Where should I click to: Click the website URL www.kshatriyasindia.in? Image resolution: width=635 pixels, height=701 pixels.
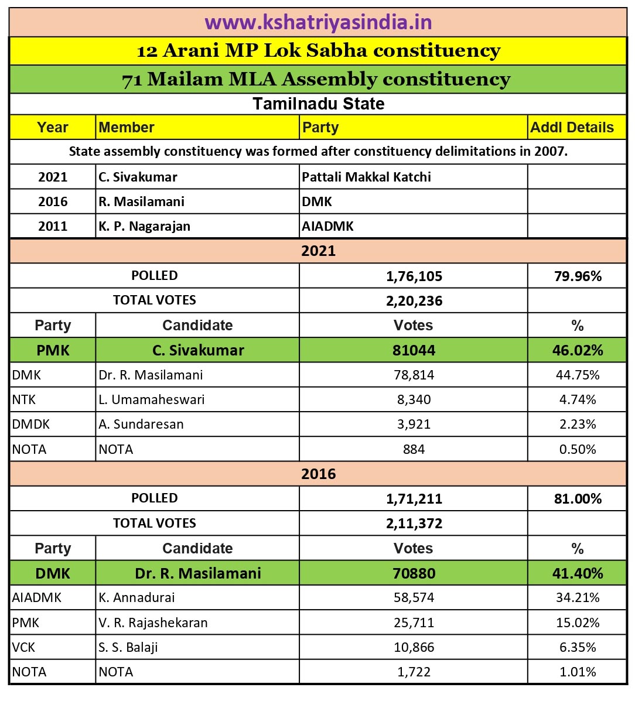coord(318,22)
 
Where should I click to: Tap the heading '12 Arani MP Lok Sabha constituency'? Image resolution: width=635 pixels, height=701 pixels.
coord(318,51)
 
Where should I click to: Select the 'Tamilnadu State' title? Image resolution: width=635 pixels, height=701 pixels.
coord(318,104)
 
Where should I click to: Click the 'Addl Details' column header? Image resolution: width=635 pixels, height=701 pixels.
coord(572,127)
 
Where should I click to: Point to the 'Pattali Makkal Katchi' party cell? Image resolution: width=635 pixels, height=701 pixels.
coord(366,177)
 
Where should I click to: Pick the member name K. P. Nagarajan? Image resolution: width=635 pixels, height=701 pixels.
coord(144,226)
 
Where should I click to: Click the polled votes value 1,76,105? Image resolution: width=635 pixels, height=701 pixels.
coord(414,276)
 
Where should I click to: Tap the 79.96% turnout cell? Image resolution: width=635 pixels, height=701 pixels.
coord(578,276)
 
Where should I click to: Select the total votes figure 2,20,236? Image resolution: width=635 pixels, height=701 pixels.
coord(414,300)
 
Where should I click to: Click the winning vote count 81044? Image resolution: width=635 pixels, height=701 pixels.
coord(414,350)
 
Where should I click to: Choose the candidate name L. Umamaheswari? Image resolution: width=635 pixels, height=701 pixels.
coord(151,399)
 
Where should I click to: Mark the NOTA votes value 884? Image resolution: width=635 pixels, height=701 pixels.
coord(414,449)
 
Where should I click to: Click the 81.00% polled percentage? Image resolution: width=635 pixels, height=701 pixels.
coord(578,498)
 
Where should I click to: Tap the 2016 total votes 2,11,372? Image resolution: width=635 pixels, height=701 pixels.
coord(414,523)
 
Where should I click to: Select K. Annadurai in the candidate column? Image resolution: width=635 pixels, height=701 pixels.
coord(136,597)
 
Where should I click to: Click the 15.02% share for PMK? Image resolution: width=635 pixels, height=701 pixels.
coord(578,623)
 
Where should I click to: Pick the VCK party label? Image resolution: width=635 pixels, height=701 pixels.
coord(23,647)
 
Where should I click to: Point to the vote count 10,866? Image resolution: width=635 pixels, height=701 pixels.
coord(414,647)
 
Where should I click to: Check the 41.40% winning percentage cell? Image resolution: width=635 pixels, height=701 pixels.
coord(578,573)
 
